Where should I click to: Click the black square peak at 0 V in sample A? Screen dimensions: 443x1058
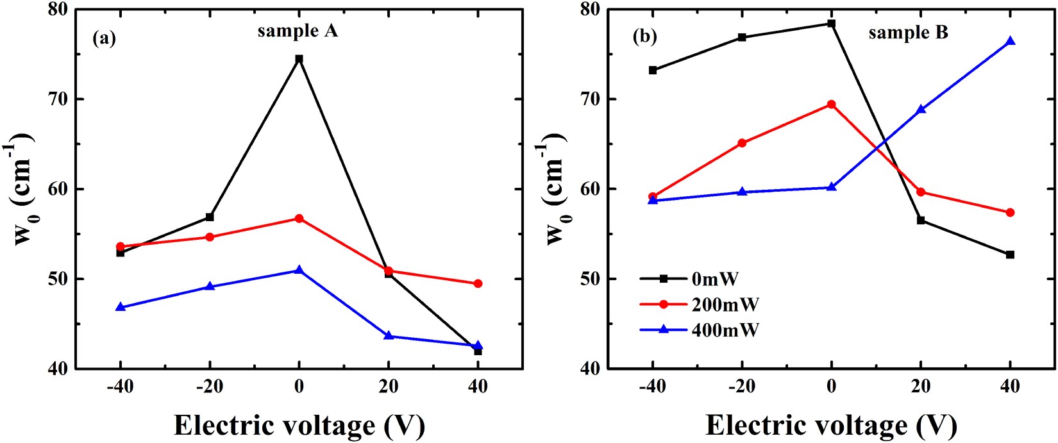(299, 59)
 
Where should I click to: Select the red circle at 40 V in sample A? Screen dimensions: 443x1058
(478, 283)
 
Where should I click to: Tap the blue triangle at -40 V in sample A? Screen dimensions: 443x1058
(120, 307)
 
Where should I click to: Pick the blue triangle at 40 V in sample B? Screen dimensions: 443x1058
(1011, 41)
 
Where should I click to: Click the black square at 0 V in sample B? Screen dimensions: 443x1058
(832, 24)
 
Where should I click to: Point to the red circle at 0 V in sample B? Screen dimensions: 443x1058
(832, 104)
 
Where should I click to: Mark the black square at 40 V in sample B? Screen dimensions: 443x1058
(1011, 255)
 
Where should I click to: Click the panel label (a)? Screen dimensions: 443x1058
(104, 38)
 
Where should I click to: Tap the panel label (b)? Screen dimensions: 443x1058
(644, 37)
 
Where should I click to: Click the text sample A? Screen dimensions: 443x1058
(298, 31)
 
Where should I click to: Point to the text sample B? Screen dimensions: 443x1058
(908, 33)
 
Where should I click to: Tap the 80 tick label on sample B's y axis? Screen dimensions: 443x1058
(590, 10)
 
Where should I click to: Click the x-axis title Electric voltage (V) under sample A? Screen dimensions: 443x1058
(299, 425)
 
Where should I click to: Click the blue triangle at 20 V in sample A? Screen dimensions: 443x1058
(389, 335)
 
